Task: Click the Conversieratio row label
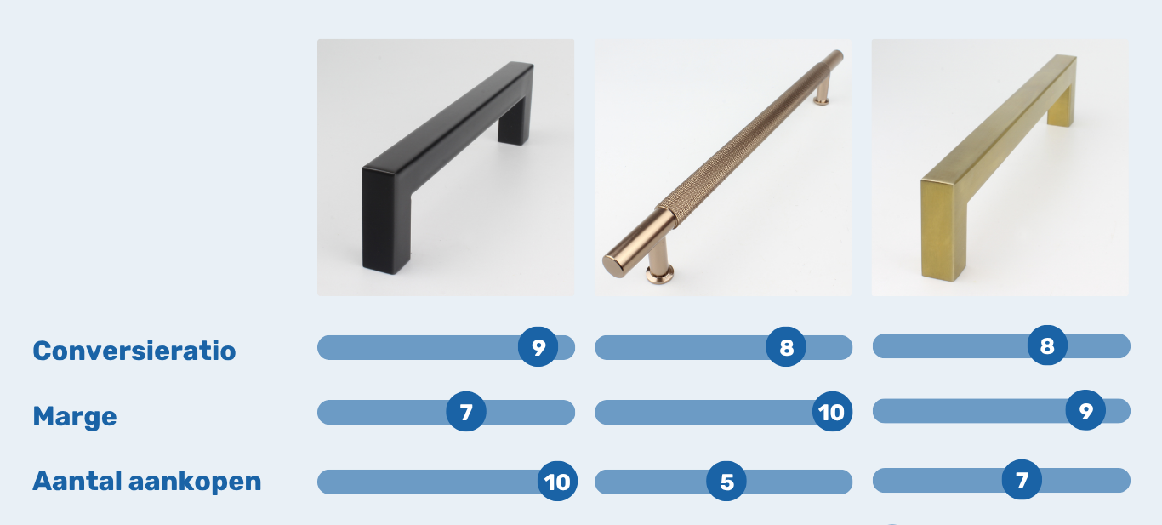click(134, 351)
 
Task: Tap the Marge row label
click(75, 417)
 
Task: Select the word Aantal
click(77, 481)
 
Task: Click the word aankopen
click(195, 482)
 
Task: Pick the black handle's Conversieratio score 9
click(538, 347)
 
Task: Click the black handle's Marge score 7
click(466, 412)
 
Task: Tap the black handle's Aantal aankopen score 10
click(557, 482)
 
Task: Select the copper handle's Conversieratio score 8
click(786, 347)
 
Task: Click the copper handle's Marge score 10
click(832, 412)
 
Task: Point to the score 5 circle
click(726, 482)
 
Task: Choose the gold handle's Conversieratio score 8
click(1047, 345)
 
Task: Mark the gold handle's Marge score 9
click(1085, 410)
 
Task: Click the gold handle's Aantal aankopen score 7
click(1022, 480)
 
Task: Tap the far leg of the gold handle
click(1062, 108)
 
